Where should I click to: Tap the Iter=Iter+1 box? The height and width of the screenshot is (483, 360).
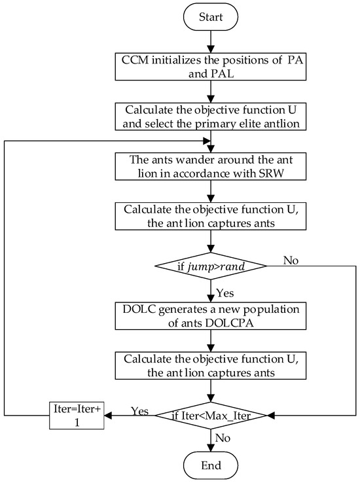(78, 414)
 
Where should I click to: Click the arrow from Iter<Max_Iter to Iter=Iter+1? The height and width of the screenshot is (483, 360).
(124, 414)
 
